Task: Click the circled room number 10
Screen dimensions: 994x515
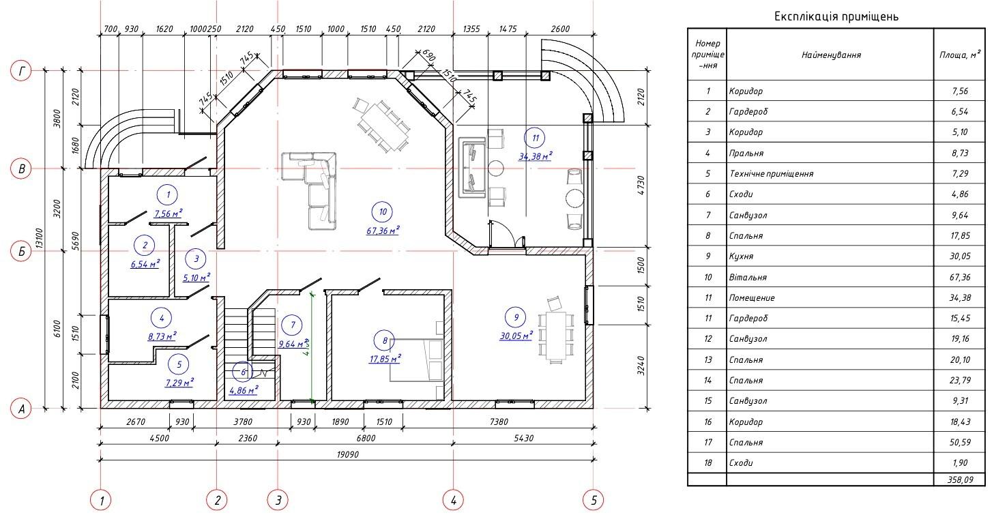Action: point(383,212)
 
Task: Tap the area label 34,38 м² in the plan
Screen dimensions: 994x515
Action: point(535,156)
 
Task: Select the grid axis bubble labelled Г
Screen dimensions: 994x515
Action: point(21,70)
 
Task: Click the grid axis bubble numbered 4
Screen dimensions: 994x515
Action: point(453,501)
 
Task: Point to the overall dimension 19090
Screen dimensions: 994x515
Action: point(348,454)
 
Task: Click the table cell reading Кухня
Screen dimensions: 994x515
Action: point(741,256)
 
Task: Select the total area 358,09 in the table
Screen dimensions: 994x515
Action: point(961,480)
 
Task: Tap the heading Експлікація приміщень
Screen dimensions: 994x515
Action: point(836,16)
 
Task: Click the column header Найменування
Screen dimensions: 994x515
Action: point(831,55)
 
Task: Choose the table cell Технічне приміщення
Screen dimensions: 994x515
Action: point(771,173)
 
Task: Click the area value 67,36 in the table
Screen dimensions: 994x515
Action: point(961,277)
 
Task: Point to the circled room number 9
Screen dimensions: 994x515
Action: point(516,317)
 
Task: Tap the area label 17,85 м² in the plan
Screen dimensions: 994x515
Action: point(385,359)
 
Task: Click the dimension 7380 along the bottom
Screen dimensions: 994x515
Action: point(499,422)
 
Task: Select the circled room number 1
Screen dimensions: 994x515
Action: point(168,194)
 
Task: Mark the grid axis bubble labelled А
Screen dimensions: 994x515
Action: point(21,409)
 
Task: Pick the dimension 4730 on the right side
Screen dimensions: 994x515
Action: point(641,186)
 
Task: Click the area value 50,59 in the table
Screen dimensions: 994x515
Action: point(961,442)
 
